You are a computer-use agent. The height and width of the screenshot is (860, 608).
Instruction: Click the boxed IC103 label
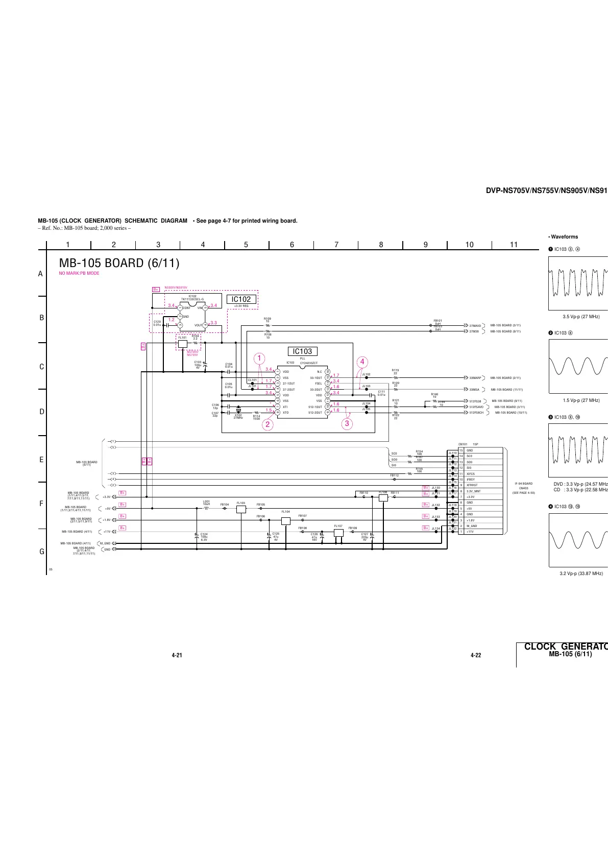click(x=302, y=351)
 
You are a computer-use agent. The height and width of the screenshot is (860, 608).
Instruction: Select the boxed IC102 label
click(x=240, y=299)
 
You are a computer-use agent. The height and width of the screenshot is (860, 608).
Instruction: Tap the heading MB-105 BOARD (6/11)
click(x=119, y=264)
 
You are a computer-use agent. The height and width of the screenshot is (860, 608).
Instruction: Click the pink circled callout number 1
click(x=260, y=358)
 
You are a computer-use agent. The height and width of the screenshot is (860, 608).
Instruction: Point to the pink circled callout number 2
click(x=269, y=424)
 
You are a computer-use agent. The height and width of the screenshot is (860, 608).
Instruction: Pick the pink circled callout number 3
click(x=347, y=423)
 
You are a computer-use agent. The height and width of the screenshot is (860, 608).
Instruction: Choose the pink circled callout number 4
click(x=362, y=362)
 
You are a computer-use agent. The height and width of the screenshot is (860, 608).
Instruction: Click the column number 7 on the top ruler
click(x=336, y=245)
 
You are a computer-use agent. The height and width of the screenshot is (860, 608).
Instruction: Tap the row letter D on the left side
click(x=42, y=412)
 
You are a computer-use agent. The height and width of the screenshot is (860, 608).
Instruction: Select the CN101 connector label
click(x=463, y=445)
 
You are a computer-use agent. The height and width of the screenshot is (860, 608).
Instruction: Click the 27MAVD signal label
click(x=475, y=325)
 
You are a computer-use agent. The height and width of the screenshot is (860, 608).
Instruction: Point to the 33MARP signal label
click(x=475, y=378)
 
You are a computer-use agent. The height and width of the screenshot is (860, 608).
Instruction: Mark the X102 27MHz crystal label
click(x=238, y=417)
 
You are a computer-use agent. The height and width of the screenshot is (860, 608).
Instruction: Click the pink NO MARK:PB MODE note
click(x=79, y=273)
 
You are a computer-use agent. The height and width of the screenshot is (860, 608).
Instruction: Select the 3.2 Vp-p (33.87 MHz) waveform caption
click(x=581, y=574)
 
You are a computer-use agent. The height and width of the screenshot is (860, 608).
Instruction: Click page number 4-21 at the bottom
click(x=177, y=655)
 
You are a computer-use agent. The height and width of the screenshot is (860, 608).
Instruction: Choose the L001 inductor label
click(x=206, y=503)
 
